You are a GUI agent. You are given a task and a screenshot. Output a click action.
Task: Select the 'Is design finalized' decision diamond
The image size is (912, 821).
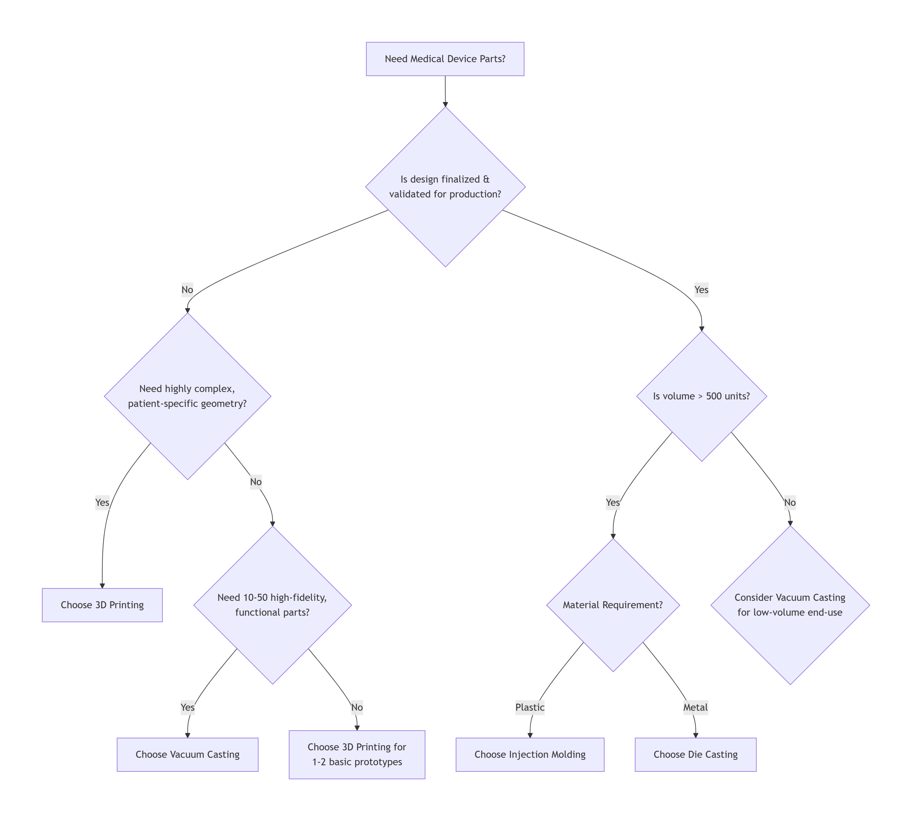click(x=445, y=186)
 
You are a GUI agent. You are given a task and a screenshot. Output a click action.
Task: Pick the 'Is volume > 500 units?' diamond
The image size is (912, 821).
click(x=701, y=396)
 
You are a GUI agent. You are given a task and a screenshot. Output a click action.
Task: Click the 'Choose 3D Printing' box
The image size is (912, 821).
click(x=102, y=605)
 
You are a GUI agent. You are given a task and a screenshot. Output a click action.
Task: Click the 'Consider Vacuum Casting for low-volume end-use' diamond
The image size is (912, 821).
click(x=790, y=605)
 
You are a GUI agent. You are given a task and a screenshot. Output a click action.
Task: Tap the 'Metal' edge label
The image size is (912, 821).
click(x=695, y=707)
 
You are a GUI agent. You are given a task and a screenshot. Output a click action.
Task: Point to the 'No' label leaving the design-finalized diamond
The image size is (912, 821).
click(x=187, y=290)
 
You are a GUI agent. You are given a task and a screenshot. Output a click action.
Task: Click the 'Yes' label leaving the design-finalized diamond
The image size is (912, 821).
click(x=701, y=290)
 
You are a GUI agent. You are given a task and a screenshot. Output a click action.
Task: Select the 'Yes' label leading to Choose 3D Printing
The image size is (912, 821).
click(x=102, y=502)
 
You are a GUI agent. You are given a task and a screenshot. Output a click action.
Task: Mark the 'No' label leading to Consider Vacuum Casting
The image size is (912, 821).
click(x=790, y=502)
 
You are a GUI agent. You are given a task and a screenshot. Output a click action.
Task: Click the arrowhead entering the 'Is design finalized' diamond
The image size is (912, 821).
click(x=445, y=104)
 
